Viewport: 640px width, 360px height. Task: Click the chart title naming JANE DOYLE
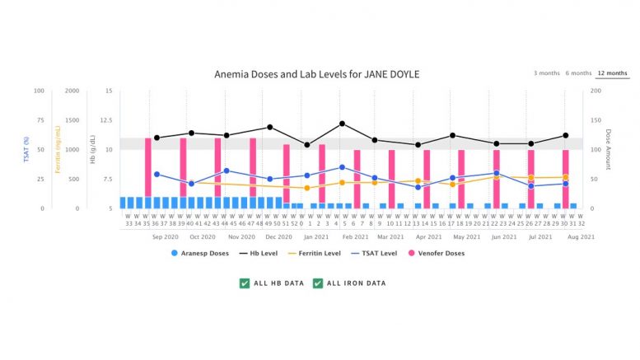point(317,74)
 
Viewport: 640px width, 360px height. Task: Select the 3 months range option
point(546,73)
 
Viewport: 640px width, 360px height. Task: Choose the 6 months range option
point(577,73)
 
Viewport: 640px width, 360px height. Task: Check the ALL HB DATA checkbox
point(245,283)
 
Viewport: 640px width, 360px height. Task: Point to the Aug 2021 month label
point(582,236)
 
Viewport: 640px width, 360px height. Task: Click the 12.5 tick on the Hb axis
point(105,120)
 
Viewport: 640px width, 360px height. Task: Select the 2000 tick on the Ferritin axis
point(72,91)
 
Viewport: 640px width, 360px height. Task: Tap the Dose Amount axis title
point(608,149)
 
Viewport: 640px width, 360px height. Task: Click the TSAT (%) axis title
point(27,149)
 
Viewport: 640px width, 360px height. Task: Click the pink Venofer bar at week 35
point(148,167)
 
